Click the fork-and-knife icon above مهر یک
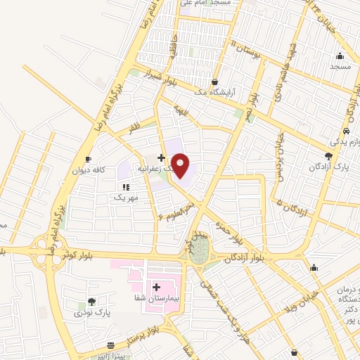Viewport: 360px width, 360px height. (126, 188)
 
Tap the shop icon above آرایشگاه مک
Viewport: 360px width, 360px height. (214, 82)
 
